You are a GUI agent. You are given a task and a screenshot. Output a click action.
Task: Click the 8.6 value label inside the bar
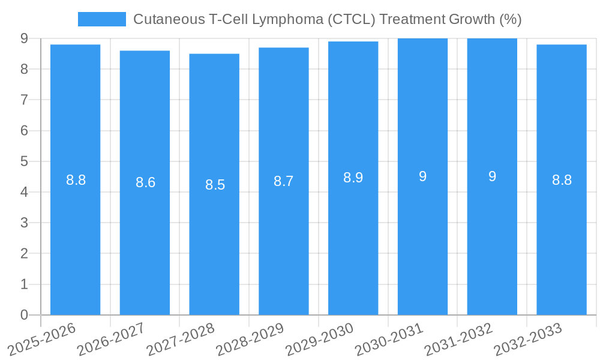coord(145,183)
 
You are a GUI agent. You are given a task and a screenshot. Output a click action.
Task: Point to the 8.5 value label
coord(215,185)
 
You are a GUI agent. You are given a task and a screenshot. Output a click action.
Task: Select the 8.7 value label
coord(283,181)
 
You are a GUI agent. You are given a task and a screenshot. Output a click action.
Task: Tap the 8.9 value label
coord(353,178)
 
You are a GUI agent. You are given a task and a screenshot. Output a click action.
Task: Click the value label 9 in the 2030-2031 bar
coord(422,176)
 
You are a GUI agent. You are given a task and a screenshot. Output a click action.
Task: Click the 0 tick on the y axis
coord(24,315)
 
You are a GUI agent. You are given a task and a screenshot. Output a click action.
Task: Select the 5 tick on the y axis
coord(24,161)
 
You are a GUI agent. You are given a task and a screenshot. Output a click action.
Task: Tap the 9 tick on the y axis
coord(24,38)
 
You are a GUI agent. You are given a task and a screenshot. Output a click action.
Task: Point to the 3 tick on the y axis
coord(24,223)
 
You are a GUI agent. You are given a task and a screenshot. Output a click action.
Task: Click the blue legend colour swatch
coord(101,19)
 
